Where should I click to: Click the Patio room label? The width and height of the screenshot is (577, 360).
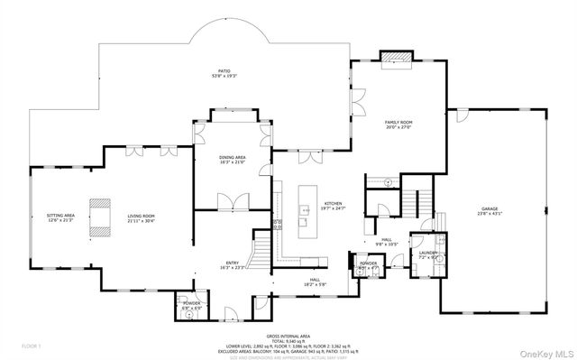tap(223, 73)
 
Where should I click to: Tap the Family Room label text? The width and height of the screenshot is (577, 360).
tap(398, 125)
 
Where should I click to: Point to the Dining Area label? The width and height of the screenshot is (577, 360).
tap(233, 160)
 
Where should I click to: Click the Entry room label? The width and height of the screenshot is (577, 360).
tap(232, 265)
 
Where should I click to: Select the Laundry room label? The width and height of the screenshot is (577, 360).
tap(427, 254)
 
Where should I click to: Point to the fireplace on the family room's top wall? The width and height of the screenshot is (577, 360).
tap(397, 58)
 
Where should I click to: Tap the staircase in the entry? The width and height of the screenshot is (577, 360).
tap(261, 245)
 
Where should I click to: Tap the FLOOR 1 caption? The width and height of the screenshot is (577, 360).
tap(32, 346)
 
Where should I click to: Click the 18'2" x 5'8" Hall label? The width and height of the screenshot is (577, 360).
tap(316, 282)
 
